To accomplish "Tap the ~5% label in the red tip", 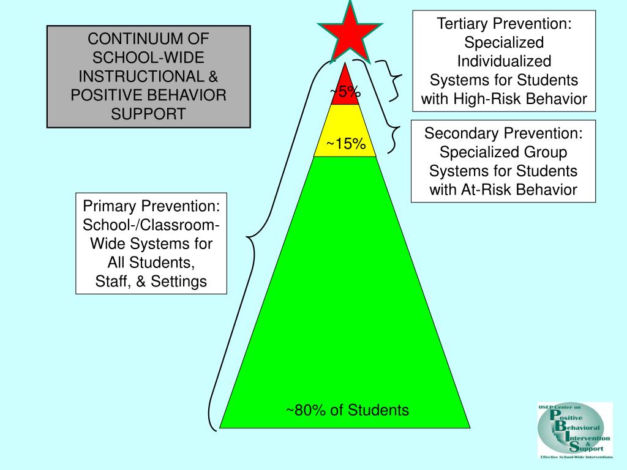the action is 345,92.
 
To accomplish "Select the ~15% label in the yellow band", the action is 346,144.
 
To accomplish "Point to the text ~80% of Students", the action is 347,410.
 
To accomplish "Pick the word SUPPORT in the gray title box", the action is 148,114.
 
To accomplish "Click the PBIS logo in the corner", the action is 574,430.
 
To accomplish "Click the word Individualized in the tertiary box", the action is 504,61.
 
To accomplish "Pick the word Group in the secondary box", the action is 546,152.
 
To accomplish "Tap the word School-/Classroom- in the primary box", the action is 151,225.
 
